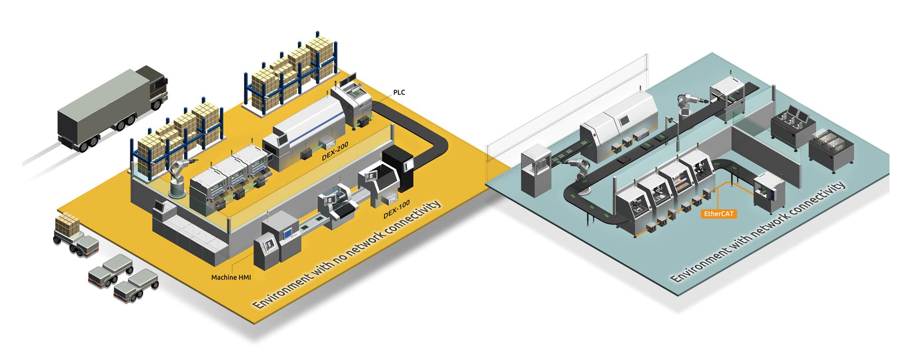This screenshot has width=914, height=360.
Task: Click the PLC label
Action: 399,92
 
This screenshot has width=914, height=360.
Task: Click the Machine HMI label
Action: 231,277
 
